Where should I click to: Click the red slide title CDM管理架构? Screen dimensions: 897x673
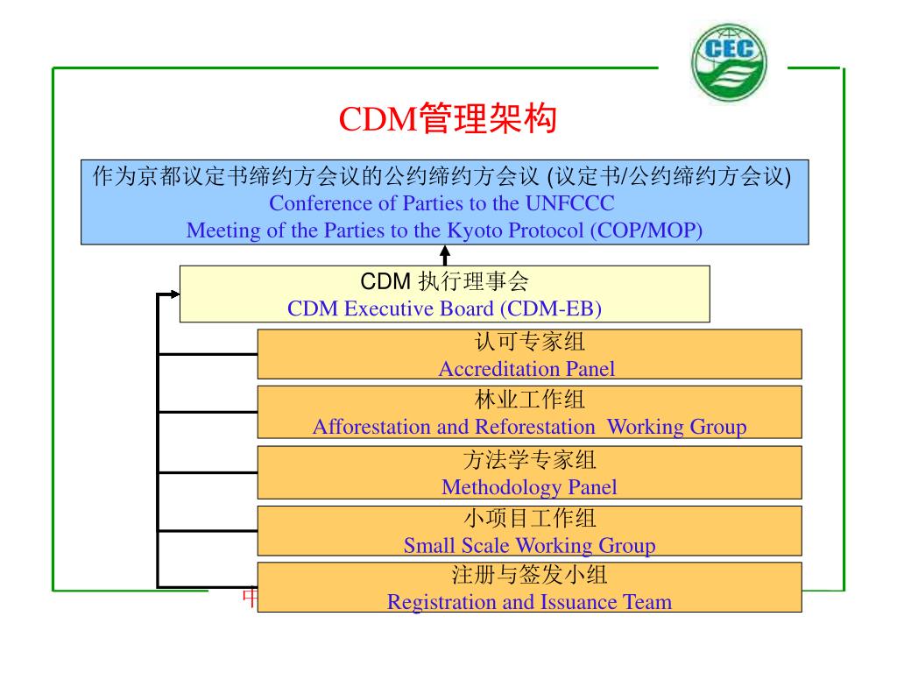pos(448,120)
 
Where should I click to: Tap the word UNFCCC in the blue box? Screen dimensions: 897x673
pos(569,204)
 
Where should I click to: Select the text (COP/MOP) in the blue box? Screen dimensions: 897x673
pos(646,230)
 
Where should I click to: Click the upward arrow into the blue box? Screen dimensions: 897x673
pos(445,254)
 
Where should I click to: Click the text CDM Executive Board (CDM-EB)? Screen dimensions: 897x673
pos(444,308)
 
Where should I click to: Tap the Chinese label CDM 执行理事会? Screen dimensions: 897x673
pos(444,282)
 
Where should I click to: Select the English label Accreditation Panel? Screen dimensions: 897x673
pos(526,369)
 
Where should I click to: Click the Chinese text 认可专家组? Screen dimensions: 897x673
pos(529,343)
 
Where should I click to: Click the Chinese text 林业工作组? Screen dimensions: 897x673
pos(529,400)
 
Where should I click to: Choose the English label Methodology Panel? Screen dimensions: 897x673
pos(529,487)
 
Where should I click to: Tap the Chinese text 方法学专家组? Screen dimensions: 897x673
pos(529,460)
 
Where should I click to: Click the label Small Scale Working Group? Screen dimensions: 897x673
pos(529,546)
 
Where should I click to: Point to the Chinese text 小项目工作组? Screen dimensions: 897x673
pos(529,519)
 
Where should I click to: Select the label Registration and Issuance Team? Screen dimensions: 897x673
pos(529,602)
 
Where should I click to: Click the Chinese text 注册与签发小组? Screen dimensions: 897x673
pos(529,576)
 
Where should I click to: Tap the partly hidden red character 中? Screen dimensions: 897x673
pos(249,599)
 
